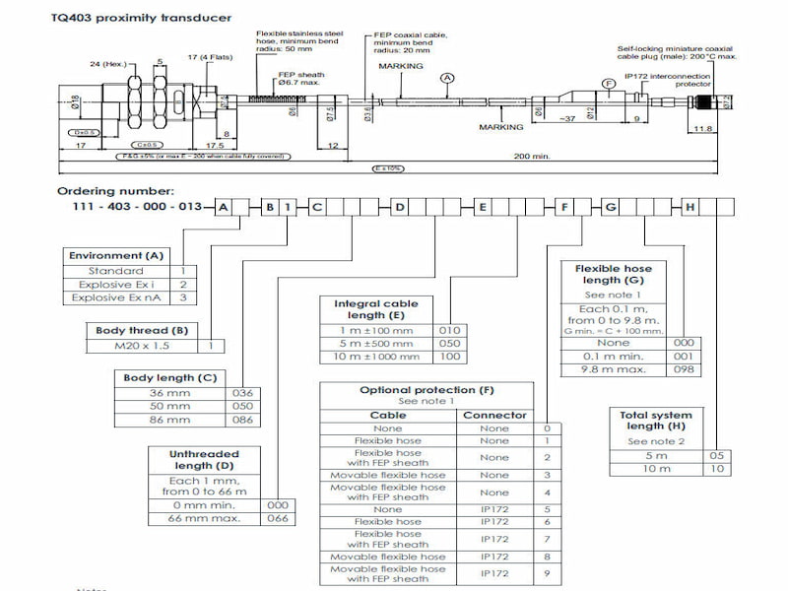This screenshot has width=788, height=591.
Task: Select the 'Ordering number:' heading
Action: (x=115, y=190)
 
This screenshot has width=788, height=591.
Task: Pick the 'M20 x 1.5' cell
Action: (x=140, y=346)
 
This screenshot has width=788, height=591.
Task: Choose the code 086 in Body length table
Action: (x=242, y=420)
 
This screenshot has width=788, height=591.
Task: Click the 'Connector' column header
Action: (x=494, y=415)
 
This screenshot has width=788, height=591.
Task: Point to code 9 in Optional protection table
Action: (x=547, y=573)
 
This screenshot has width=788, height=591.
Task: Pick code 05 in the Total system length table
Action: (x=719, y=455)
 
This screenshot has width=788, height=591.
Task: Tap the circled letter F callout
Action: (x=609, y=84)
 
